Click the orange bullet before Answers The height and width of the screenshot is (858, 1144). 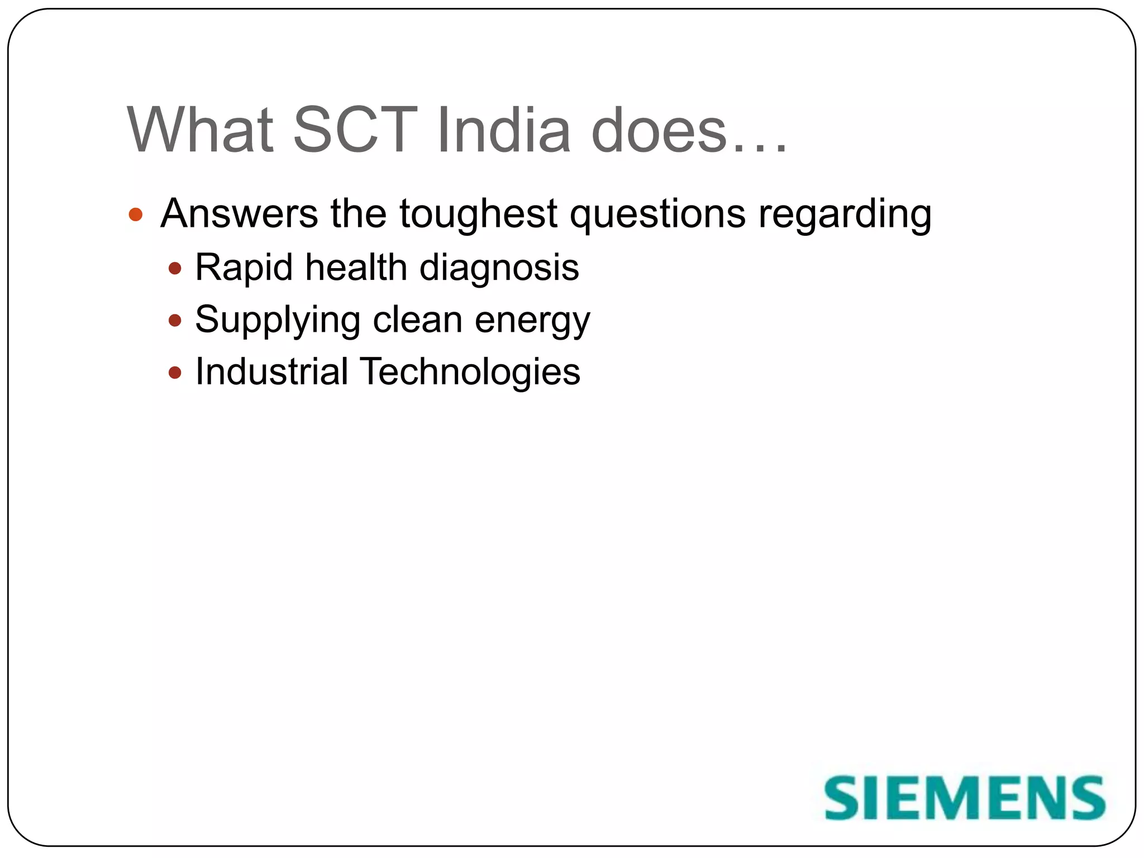136,214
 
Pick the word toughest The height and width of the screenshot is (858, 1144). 478,214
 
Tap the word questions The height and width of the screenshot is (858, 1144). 657,214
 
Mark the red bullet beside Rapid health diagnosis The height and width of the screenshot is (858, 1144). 175,269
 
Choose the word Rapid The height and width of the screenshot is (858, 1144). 244,268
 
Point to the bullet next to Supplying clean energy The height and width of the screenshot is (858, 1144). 175,321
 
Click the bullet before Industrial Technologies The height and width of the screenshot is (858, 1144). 175,373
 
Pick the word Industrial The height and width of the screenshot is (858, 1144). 271,372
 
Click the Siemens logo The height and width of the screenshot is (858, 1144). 965,798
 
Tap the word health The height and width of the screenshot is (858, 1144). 356,267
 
